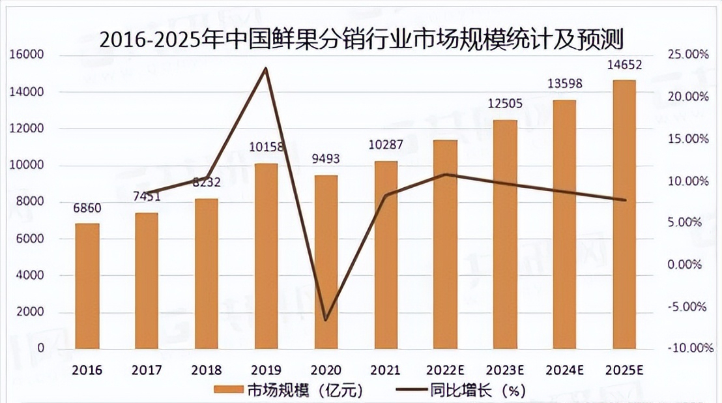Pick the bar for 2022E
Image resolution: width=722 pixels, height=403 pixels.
(446, 244)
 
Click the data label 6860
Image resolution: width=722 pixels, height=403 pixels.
(88, 209)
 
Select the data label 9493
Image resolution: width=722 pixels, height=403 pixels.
(326, 158)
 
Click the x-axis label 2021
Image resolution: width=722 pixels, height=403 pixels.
(385, 370)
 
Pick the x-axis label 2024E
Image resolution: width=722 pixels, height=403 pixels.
(564, 370)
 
